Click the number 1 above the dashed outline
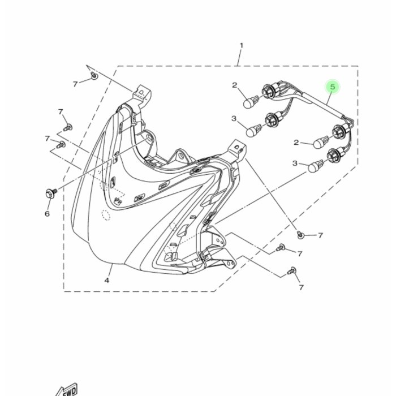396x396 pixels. pos(241,46)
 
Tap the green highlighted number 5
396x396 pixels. pos(333,87)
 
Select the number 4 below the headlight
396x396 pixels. pos(107,280)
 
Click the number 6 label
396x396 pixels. pos(47,214)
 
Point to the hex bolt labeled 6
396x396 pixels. pos(51,193)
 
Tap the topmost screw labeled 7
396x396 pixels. pos(94,75)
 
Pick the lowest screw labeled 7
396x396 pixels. pos(291,271)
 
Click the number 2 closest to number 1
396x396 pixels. pos(235,85)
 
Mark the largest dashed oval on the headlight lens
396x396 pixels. pos(106,215)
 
